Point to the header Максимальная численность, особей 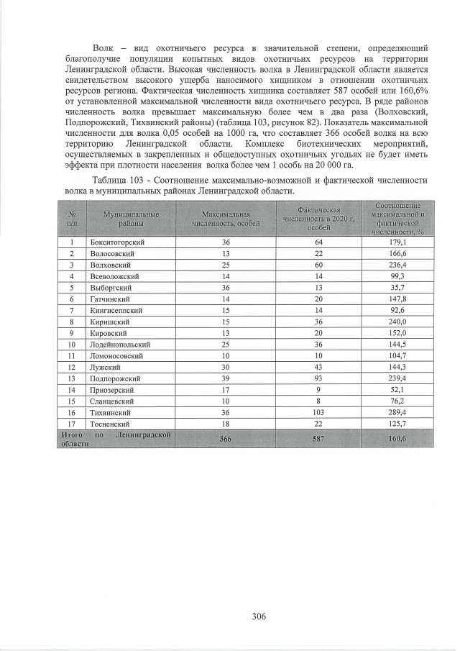(226, 219)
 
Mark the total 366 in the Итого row (226, 440)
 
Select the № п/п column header (72, 219)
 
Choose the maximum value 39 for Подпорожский (226, 378)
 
